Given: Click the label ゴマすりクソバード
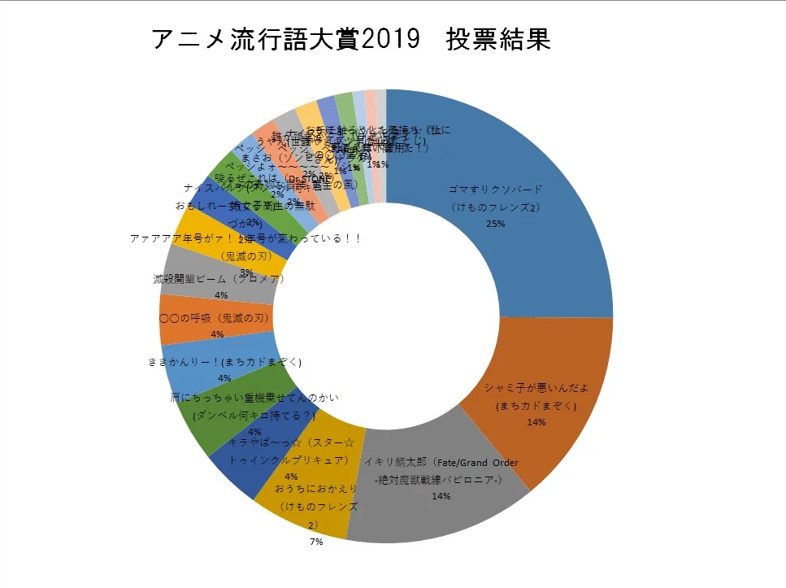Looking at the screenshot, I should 496,190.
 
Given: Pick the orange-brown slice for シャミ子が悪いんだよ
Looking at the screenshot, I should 561,366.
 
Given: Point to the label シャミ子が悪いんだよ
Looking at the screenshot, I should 535,388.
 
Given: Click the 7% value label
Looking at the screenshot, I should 315,542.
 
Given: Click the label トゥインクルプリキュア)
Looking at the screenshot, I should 289,460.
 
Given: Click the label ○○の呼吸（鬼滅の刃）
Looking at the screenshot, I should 214,318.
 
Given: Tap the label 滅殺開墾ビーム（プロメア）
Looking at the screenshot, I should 218,279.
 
